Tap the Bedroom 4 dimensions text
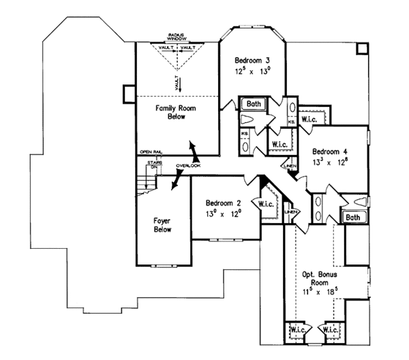pyautogui.click(x=330, y=162)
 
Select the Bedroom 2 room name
pyautogui.click(x=224, y=203)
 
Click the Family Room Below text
pyautogui.click(x=174, y=112)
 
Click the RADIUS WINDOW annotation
pyautogui.click(x=179, y=37)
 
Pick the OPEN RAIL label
pyautogui.click(x=150, y=151)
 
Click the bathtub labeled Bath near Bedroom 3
pyautogui.click(x=254, y=104)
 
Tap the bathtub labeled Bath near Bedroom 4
pyautogui.click(x=352, y=217)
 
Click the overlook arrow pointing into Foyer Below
pyautogui.click(x=178, y=179)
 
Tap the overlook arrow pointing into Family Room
pyautogui.click(x=194, y=149)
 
